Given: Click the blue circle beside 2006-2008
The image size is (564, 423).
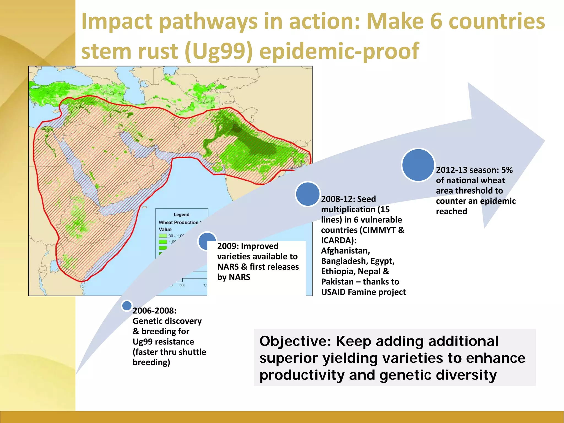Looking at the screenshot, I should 127,305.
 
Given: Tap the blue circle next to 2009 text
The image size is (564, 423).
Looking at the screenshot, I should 207,241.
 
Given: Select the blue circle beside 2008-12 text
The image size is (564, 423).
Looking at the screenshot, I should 307,194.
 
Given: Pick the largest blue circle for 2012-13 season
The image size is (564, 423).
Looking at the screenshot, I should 418,165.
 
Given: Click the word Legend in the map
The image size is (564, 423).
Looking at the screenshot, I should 181,215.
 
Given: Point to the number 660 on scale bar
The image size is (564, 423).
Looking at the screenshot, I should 182,285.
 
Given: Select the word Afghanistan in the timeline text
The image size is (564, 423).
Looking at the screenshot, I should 345,251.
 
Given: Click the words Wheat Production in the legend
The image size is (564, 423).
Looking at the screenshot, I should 178,222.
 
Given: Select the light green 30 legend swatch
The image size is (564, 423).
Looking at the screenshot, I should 163,236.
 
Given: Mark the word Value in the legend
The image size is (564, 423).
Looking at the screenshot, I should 165,229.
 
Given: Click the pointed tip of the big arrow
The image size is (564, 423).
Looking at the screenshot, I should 544,141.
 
